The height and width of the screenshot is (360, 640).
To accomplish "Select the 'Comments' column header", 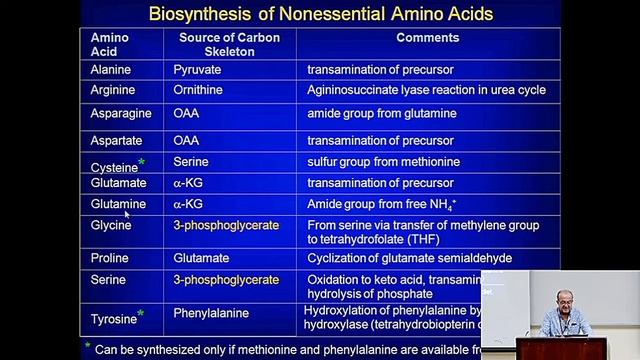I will [427, 38].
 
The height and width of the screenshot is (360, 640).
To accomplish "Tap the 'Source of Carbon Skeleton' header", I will [229, 44].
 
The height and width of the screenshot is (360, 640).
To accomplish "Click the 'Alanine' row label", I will [110, 70].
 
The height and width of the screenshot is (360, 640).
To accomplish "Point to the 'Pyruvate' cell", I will [197, 70].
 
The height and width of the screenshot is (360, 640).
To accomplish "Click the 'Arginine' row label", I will [112, 89].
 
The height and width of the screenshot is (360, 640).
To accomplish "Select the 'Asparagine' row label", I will [120, 114].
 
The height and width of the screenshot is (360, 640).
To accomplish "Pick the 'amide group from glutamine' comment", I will [381, 114].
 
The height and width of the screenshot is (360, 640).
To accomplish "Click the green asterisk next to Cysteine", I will [142, 162].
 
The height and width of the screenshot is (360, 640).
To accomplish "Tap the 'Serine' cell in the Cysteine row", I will [190, 162].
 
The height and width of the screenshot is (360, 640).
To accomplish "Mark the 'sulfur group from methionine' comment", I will [383, 162].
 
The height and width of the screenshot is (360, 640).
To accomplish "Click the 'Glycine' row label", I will [111, 225].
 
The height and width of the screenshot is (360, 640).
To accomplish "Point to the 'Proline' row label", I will [110, 257].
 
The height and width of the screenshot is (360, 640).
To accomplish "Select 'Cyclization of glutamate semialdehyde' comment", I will [409, 257].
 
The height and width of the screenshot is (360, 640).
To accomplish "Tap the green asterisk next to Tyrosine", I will [141, 314].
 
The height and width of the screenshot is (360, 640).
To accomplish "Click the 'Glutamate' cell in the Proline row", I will [201, 257].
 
